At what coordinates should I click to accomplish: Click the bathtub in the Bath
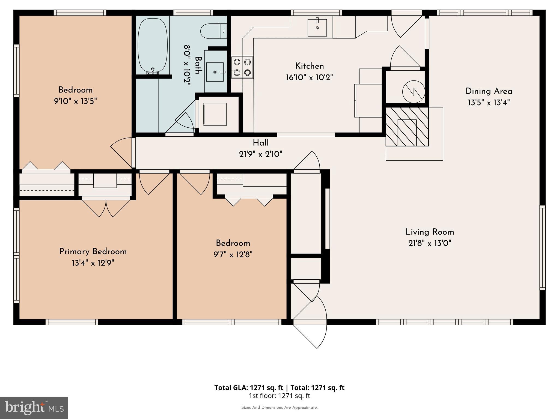coord(152,45)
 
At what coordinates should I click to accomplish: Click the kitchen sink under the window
coord(317,28)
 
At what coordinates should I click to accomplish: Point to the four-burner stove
coord(242,67)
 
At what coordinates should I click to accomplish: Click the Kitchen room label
coord(309,66)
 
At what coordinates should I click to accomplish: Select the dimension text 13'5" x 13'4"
coord(489,103)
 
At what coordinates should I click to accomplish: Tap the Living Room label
coord(430,232)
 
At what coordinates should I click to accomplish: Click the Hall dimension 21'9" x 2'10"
coord(260,154)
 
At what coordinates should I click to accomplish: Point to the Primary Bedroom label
coord(93,252)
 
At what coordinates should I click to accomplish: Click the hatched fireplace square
coord(407,127)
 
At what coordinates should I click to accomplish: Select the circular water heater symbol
coord(414,92)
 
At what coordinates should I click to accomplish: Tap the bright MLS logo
coord(34,408)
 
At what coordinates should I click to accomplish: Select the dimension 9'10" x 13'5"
coord(75,101)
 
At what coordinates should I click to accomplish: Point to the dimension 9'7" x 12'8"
coord(233,255)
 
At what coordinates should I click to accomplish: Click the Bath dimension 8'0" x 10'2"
coord(187,65)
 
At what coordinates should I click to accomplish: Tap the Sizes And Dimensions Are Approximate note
coord(279,408)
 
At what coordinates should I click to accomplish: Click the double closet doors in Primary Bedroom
coord(106,208)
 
